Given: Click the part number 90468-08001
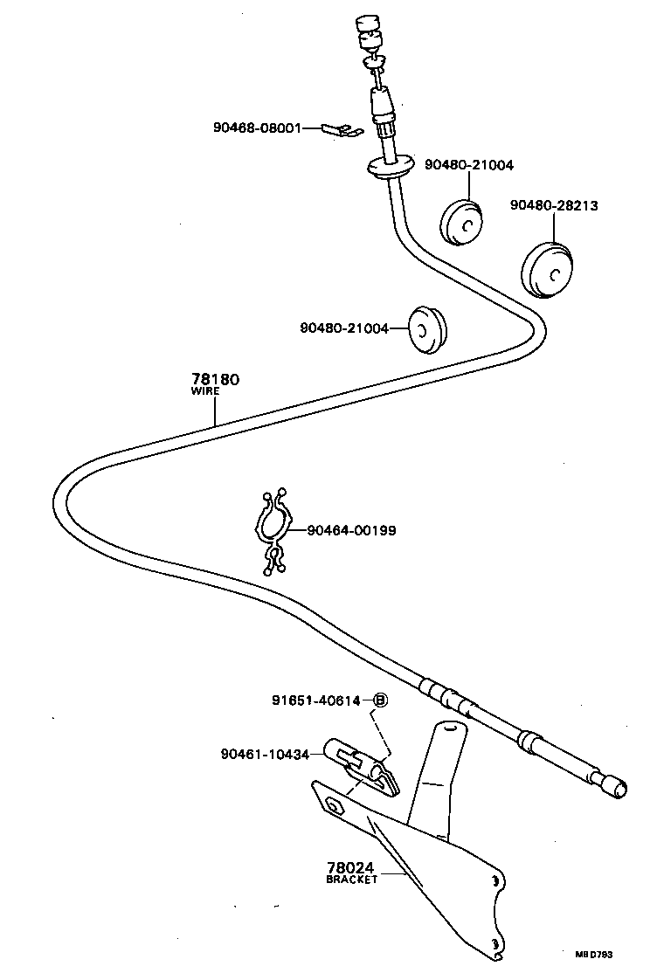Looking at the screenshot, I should (x=257, y=128).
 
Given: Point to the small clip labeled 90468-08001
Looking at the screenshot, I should (x=342, y=129).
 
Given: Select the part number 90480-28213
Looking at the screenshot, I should (x=554, y=205).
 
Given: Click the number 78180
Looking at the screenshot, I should (x=215, y=380).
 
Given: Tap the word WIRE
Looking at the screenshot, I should (x=205, y=392).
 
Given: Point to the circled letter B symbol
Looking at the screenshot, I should (x=381, y=700).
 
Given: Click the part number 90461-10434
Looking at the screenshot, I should (x=265, y=754).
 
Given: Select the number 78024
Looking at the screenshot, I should (x=350, y=867).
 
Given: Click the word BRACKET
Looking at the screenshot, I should (x=352, y=880).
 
